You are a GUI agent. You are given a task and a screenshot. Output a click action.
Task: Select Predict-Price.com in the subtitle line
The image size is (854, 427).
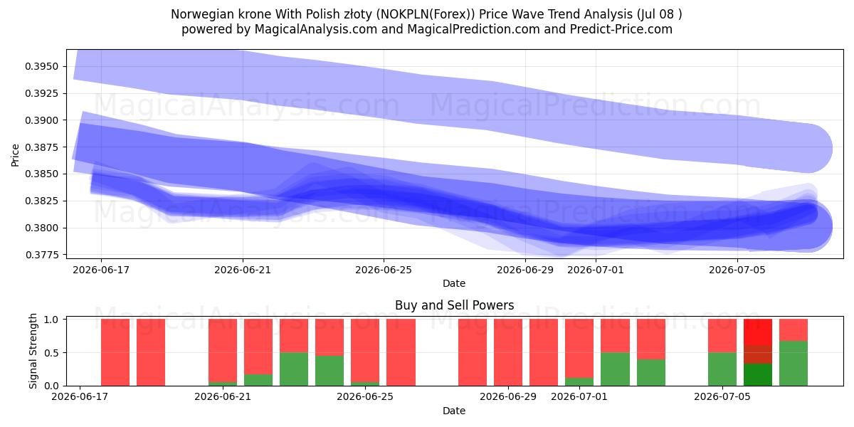click(621, 29)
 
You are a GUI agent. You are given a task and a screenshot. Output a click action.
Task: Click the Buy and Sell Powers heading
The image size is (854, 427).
click(454, 305)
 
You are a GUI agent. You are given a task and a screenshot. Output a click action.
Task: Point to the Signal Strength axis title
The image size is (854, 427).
click(33, 351)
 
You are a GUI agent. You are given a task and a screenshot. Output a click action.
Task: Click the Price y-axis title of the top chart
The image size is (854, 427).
click(15, 155)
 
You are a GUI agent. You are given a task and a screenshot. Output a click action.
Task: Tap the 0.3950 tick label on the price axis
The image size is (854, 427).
click(41, 67)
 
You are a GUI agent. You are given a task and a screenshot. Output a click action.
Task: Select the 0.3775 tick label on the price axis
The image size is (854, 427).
click(41, 255)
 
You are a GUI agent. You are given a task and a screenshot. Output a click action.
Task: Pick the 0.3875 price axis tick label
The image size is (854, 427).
click(41, 147)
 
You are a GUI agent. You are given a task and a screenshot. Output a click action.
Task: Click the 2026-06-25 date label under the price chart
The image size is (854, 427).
click(384, 270)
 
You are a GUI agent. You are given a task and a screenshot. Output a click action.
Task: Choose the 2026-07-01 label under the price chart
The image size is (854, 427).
click(596, 270)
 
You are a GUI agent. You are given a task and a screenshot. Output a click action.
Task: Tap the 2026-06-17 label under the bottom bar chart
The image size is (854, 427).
click(80, 396)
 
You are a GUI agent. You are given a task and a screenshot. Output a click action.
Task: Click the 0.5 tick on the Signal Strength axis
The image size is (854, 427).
click(51, 353)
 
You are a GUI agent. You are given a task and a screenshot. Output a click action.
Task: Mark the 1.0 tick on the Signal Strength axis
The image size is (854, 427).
click(51, 320)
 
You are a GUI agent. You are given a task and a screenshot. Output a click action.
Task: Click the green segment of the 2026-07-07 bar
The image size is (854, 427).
click(794, 364)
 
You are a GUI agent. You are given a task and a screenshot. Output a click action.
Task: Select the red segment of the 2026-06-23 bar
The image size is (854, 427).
click(294, 335)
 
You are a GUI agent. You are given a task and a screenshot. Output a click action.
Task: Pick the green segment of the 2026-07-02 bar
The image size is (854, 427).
click(615, 369)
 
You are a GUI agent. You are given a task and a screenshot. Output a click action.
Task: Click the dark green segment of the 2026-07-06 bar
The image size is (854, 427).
click(758, 375)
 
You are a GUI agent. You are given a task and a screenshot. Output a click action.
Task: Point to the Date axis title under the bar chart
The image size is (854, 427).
click(454, 411)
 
